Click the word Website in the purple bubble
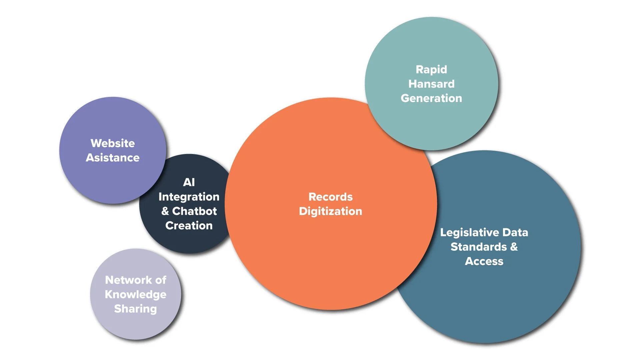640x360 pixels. point(113,143)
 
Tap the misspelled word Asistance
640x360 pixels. point(113,158)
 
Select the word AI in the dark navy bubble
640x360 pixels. point(189,182)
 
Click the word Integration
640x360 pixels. point(189,197)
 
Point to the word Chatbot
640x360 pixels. point(195,211)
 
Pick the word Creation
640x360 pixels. point(189,226)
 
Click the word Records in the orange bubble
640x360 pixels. point(330,197)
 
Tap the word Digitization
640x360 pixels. point(330,211)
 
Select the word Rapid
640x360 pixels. point(431,69)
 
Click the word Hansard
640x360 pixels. point(431,84)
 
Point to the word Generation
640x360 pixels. point(431,98)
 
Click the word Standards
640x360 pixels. point(479,247)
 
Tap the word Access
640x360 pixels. point(484,261)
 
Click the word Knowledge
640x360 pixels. point(135,294)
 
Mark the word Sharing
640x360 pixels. point(135,309)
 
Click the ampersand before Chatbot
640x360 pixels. point(165,211)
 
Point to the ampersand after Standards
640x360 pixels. point(514,247)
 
